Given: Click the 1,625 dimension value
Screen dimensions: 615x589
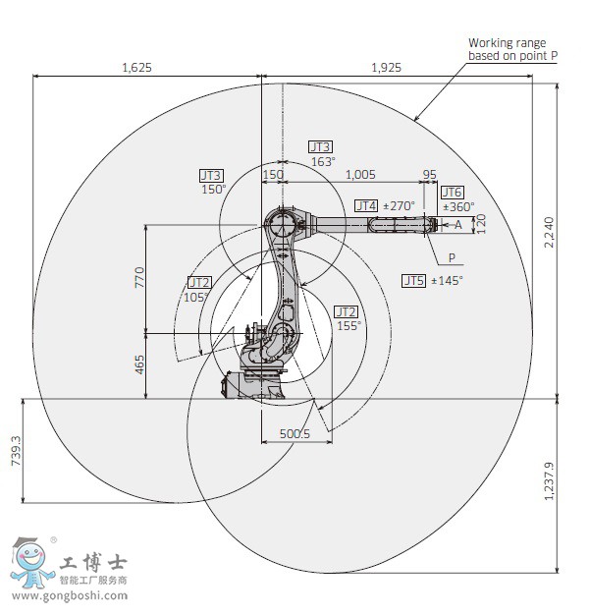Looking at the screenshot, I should click(136, 68).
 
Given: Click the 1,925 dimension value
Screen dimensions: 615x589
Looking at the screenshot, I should click(389, 68).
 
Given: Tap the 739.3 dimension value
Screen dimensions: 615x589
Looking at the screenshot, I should click(15, 450).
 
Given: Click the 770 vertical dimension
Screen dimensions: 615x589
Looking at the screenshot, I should click(139, 277).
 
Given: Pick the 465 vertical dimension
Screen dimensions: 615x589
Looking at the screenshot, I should click(139, 365).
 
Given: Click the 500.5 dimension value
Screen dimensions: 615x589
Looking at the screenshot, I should click(294, 433).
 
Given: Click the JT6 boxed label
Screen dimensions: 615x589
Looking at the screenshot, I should click(452, 193).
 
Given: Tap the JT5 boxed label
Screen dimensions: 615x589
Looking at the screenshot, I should click(413, 280).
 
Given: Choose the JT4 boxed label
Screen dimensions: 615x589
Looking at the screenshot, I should click(365, 205).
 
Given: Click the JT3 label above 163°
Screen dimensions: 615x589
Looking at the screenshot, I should click(320, 146).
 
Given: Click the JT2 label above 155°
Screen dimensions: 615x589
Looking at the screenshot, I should click(346, 310).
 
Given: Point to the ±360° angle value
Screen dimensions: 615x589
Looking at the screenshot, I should click(458, 207).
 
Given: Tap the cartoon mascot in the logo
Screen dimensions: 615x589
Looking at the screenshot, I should click(30, 564).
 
